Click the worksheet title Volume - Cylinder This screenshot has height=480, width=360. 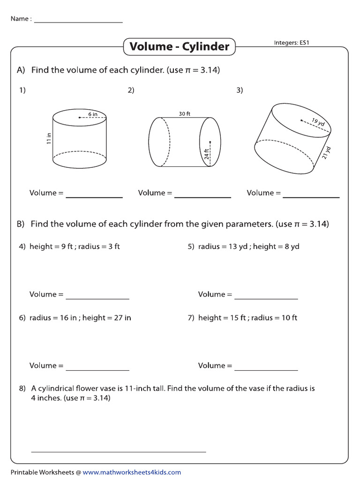179,46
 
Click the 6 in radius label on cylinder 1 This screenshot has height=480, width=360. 92,113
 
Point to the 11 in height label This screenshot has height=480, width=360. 49,139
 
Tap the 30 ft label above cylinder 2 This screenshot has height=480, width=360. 184,113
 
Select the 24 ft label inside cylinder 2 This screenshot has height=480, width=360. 206,154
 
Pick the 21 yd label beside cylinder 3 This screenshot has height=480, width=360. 327,153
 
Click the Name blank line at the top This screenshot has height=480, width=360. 78,22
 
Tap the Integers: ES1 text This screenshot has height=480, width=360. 292,43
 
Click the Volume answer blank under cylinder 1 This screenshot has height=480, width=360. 94,196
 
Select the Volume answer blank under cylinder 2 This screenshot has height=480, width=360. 202,196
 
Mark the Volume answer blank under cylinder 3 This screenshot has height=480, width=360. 311,196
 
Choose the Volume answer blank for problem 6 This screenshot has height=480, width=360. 97,369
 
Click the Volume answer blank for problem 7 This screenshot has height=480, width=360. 266,369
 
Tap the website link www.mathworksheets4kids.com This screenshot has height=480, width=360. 132,472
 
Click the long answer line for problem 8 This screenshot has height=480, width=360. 119,451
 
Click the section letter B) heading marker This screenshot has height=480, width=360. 21,225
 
